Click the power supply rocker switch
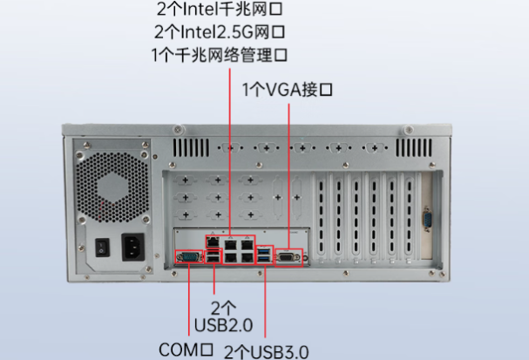click(101, 248)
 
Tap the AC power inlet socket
click(135, 247)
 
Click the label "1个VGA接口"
click(288, 89)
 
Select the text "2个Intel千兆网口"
click(220, 11)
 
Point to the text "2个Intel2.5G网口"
click(220, 32)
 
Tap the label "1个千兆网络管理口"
click(220, 54)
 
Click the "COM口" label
click(187, 350)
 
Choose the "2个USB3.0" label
click(266, 351)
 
